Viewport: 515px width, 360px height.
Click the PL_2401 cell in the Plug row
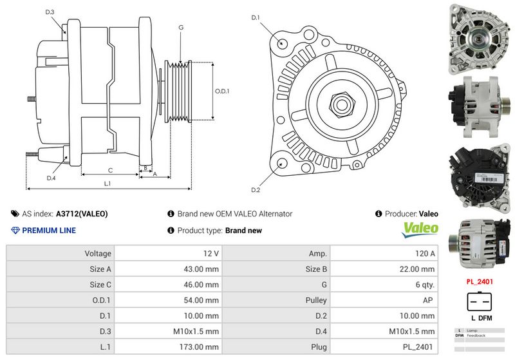point(419,346)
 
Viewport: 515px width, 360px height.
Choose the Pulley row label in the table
point(316,300)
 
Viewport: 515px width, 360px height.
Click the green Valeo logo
point(420,229)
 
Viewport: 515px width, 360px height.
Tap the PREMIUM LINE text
point(48,231)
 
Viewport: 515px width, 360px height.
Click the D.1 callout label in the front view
point(256,18)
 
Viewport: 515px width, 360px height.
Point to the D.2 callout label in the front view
point(256,190)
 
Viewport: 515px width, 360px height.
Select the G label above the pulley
point(181,28)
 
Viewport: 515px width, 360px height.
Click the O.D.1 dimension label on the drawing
point(221,91)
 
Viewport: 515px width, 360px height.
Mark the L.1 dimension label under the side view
point(108,184)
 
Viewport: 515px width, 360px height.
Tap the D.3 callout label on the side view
point(50,12)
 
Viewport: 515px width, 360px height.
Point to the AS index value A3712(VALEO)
point(82,214)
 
